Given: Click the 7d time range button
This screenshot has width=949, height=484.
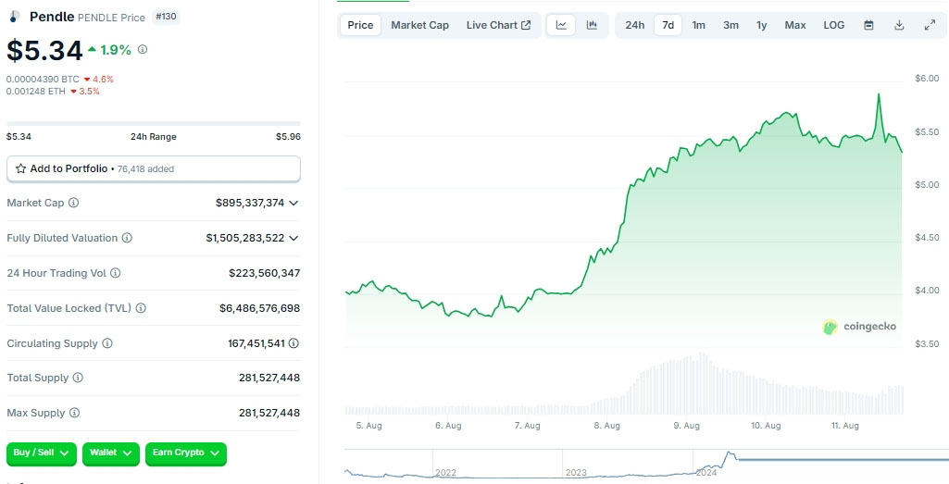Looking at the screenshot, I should (x=668, y=25).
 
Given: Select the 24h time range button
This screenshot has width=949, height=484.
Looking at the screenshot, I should (x=634, y=25).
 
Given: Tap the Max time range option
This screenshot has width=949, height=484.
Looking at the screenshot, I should (x=795, y=25).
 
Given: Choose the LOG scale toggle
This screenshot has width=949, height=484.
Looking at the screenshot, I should (x=834, y=25).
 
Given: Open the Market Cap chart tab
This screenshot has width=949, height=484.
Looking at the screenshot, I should (x=419, y=25).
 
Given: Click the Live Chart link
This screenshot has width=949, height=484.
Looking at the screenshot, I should (x=498, y=25).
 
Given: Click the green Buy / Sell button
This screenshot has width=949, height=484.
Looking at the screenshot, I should (x=43, y=453).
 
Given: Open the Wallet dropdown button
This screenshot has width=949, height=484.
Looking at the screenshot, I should (x=111, y=453).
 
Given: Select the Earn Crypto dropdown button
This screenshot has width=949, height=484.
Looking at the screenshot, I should (x=186, y=453).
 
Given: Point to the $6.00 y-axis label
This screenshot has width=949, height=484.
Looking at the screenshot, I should (x=927, y=79).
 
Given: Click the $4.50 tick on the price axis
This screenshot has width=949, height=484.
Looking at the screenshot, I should (x=927, y=238).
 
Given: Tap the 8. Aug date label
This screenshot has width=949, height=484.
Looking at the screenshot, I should (x=606, y=426).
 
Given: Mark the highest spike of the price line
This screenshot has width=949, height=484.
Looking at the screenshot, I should (x=878, y=94).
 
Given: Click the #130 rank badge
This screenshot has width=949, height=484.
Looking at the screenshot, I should (x=167, y=17).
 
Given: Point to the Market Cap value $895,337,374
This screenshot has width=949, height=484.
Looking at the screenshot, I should (x=250, y=203).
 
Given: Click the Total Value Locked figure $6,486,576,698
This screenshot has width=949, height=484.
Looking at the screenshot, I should (x=259, y=308).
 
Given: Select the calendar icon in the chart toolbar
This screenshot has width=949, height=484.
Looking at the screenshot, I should (x=868, y=25).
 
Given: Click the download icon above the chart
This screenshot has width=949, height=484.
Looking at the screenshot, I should (x=899, y=25).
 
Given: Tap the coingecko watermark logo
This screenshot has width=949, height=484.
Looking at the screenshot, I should (x=859, y=326).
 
